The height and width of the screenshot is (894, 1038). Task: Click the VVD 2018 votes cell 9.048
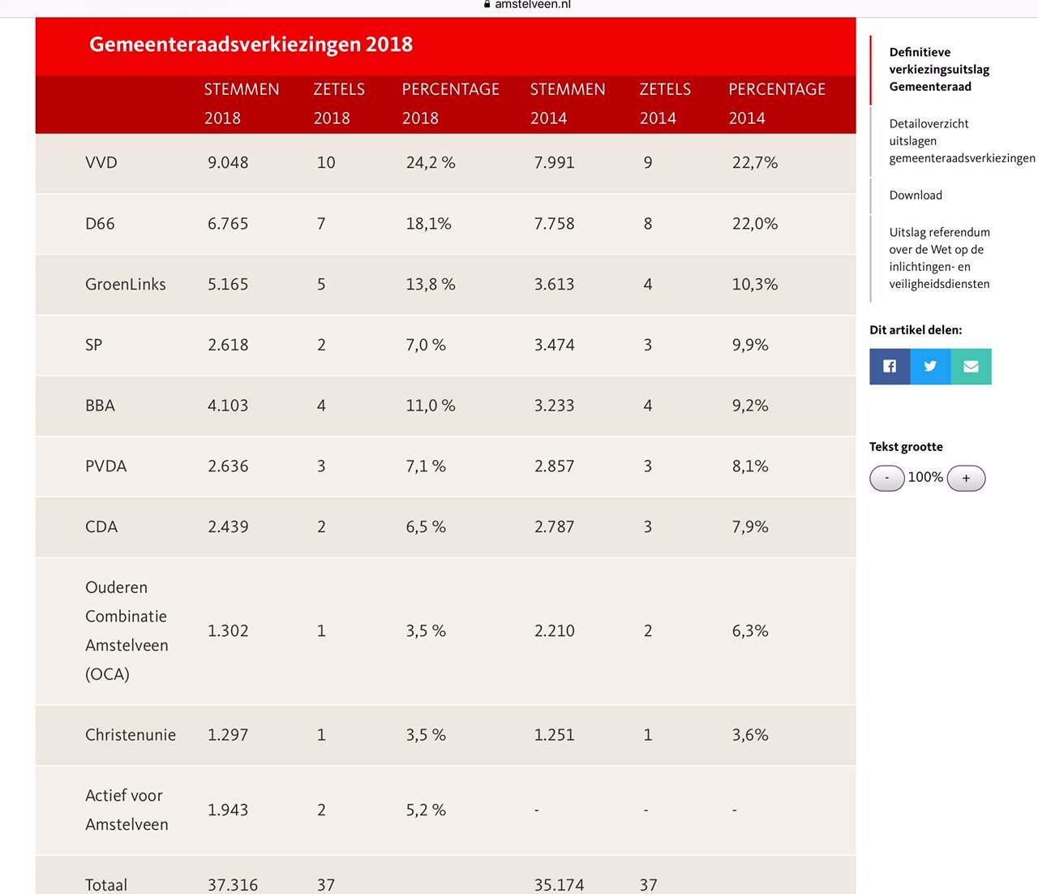(228, 163)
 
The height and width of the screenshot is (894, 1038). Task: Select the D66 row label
(100, 224)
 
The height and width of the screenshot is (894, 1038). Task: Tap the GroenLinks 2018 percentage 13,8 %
(431, 285)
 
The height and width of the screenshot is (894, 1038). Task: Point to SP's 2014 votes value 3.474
(554, 346)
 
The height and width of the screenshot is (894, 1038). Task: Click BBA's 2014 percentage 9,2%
(750, 406)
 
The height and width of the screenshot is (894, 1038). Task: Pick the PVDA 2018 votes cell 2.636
(228, 466)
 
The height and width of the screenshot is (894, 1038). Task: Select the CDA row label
(101, 527)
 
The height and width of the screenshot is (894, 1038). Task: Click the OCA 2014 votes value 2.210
(554, 631)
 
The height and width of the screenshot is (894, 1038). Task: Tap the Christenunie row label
(130, 735)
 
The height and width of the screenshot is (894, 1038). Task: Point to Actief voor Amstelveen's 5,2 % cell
(426, 810)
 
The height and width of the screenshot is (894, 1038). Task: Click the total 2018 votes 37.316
(233, 884)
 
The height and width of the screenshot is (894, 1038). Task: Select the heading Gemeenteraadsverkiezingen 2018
(251, 45)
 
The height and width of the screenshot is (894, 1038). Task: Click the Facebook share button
(890, 367)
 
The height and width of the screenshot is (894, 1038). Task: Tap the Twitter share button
(930, 367)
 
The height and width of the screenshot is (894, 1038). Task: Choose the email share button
(971, 367)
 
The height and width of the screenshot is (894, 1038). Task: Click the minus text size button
(886, 479)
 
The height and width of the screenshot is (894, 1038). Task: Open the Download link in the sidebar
(916, 196)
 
